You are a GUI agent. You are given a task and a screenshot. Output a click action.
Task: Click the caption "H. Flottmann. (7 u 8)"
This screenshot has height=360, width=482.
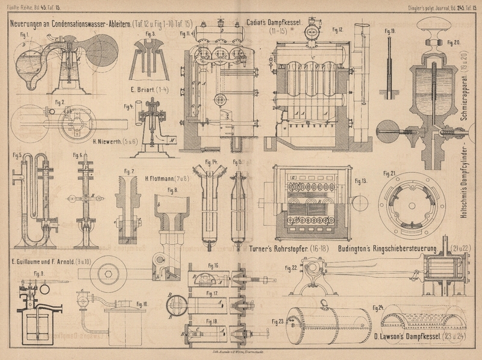click(167, 178)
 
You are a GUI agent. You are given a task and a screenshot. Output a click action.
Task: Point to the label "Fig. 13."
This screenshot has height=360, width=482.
click(361, 181)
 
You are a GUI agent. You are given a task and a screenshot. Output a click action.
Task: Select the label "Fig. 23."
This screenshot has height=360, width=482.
click(277, 320)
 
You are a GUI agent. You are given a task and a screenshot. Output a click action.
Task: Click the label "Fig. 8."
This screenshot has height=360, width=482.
click(173, 191)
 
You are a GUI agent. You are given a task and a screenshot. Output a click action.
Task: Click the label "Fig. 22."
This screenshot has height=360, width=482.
click(290, 268)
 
